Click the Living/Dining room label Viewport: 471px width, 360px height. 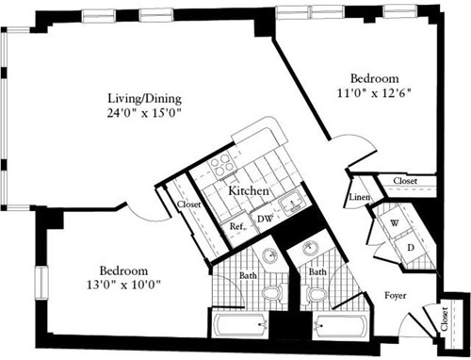coord(144,98)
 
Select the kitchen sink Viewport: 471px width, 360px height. coord(292,200)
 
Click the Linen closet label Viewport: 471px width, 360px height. coord(359,197)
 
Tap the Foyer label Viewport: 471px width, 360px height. coord(397,295)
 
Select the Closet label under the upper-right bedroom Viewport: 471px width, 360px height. coord(404,180)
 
